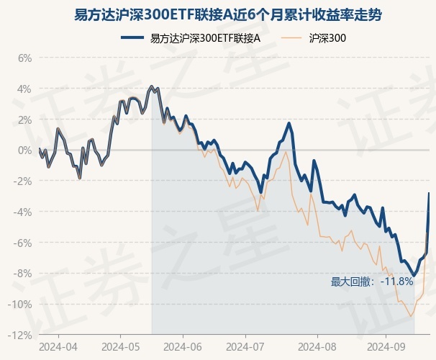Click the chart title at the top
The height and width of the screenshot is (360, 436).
[x=218, y=14]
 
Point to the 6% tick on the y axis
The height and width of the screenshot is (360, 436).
[x=24, y=58]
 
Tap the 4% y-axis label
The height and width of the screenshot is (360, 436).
[x=24, y=89]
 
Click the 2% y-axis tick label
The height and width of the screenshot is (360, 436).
[x=24, y=120]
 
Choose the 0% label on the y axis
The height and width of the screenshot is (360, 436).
[x=24, y=150]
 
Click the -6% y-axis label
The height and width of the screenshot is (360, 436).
[x=22, y=243]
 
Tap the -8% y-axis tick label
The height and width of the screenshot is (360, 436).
[x=22, y=274]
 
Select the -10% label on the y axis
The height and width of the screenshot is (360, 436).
[x=20, y=305]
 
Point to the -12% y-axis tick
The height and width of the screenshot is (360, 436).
[x=20, y=336]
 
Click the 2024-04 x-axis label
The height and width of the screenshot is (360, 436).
[x=59, y=346]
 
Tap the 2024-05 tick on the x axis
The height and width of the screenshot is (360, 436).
[x=120, y=346]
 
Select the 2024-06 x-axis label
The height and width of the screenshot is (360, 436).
[x=183, y=346]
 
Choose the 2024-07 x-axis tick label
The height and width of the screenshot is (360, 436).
[x=245, y=346]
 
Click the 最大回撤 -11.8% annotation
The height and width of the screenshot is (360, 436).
[x=372, y=281]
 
